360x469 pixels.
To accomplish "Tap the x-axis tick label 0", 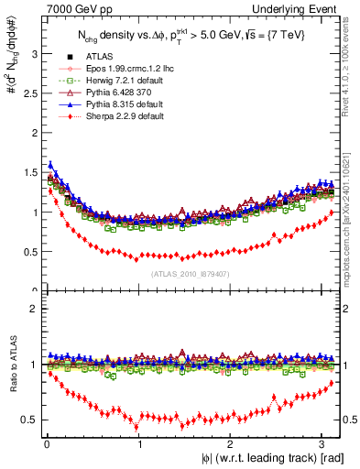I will [x=46, y=444].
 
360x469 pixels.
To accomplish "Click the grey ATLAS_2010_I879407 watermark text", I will [x=191, y=273].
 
